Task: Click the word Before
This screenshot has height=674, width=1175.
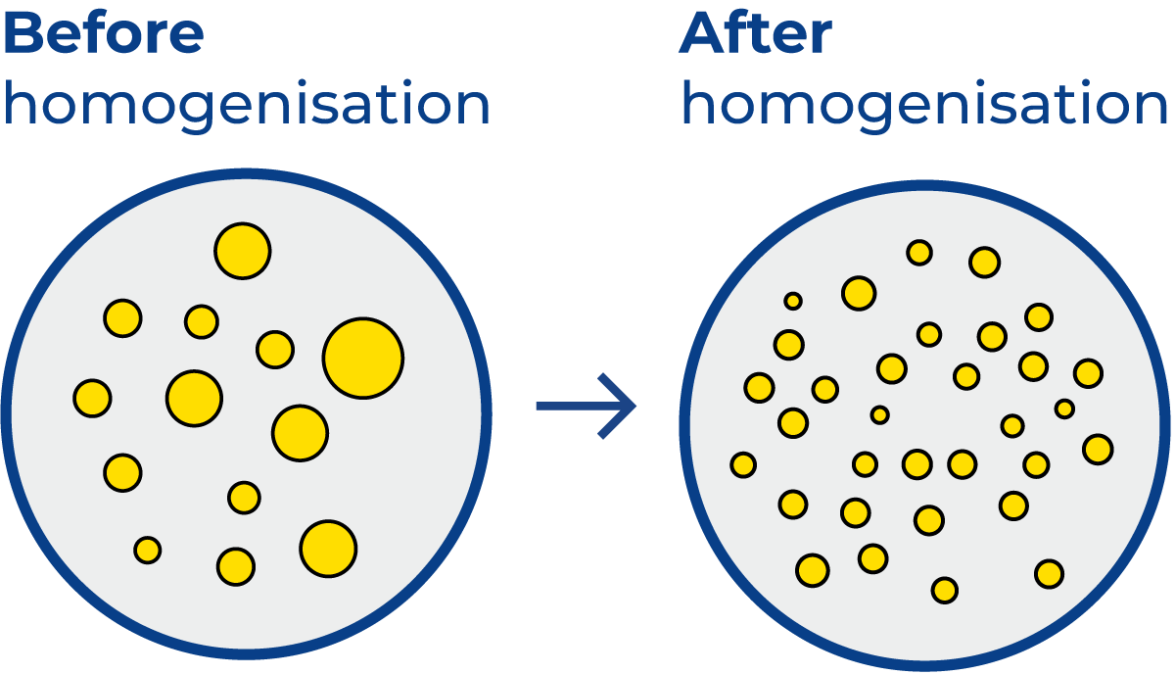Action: pos(103,35)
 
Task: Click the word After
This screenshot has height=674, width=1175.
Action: pos(755,35)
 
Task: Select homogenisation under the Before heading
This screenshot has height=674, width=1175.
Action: pos(247,105)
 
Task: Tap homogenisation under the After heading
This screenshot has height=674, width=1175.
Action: pos(925,105)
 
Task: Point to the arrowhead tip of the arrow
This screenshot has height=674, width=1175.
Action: pos(635,405)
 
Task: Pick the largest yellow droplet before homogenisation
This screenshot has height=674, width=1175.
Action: pos(362,358)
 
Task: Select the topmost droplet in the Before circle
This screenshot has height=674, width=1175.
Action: pos(242,251)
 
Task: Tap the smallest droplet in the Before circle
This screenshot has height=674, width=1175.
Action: pos(148,551)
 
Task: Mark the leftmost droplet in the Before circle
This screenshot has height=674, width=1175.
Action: pos(92,399)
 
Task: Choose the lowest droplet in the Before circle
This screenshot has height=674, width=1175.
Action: pos(236,566)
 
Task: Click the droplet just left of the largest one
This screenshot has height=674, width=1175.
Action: pos(275,350)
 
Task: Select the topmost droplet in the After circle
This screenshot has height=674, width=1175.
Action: pos(919,253)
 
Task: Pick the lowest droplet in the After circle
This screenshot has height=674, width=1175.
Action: pos(945,590)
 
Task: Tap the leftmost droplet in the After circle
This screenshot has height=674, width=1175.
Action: pos(743,464)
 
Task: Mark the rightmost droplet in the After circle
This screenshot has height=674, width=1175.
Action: pos(1098,449)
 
